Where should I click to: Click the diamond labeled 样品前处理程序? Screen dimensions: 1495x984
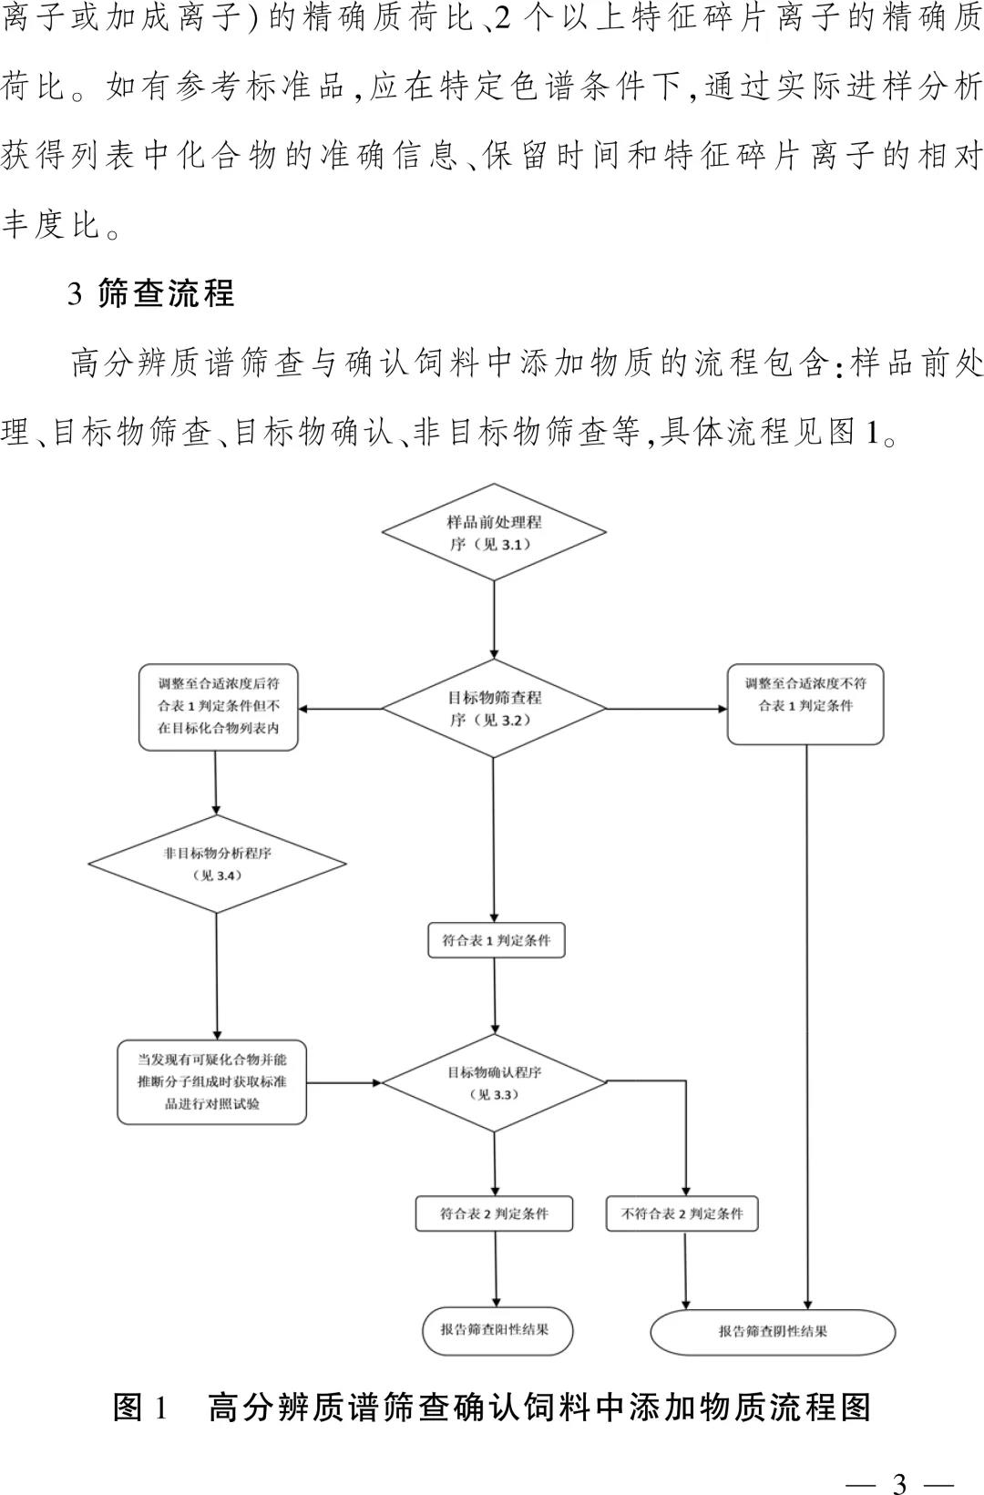point(494,533)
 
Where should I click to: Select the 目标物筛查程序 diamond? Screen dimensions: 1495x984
point(494,709)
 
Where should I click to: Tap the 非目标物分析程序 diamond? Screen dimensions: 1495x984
point(217,864)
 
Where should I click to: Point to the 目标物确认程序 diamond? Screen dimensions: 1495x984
point(494,1083)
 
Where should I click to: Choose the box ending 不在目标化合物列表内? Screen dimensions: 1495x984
point(218,707)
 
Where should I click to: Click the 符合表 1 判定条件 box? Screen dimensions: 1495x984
point(497,940)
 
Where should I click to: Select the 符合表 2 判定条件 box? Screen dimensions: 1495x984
point(495,1213)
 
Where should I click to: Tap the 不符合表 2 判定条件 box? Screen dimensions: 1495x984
point(682,1213)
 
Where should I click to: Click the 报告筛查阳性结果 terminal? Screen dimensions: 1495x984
point(497,1329)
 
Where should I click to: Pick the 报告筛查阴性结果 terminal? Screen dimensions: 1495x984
point(773,1331)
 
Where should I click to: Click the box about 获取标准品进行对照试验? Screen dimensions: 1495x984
point(211,1082)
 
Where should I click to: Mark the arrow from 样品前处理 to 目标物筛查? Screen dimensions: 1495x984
point(494,620)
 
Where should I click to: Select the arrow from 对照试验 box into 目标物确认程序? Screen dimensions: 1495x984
point(343,1083)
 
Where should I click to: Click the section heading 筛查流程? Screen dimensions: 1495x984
point(165,293)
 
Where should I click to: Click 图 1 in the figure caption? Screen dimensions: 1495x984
point(140,1407)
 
